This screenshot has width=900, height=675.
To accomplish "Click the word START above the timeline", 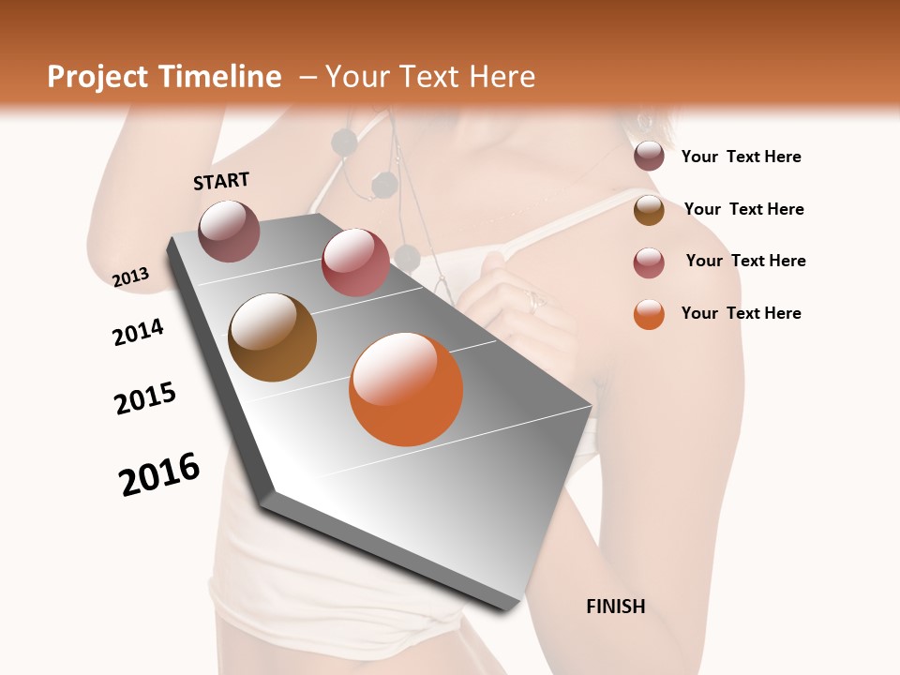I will coord(221,180).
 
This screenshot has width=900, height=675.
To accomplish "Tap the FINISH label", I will coord(615,607).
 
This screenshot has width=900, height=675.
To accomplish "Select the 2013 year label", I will coord(130,277).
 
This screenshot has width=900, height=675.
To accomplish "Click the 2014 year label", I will coord(138,332).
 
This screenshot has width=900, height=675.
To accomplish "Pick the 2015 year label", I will coord(145,398).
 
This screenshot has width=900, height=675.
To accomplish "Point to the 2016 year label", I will coord(159,473).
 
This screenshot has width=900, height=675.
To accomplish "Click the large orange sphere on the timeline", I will coord(406,389).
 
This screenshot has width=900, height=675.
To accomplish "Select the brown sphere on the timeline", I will coord(273,337).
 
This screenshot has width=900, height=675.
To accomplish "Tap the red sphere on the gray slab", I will coord(355,262).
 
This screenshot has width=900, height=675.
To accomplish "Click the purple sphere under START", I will coord(229,231).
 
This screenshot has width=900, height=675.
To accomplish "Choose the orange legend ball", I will coord(649,314).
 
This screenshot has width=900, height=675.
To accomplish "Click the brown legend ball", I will coord(649,210).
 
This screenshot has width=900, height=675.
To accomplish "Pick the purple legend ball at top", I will coord(649,157).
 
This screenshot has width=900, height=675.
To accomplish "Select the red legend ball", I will coord(649,262).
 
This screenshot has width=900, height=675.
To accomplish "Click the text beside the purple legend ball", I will coord(741,157).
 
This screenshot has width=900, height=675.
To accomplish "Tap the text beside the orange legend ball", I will coord(741,313).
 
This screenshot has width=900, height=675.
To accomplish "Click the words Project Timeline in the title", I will coord(164,77).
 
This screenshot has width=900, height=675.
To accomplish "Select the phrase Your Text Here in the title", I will coord(430,77).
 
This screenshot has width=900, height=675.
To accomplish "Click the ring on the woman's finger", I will coord(535,300).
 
